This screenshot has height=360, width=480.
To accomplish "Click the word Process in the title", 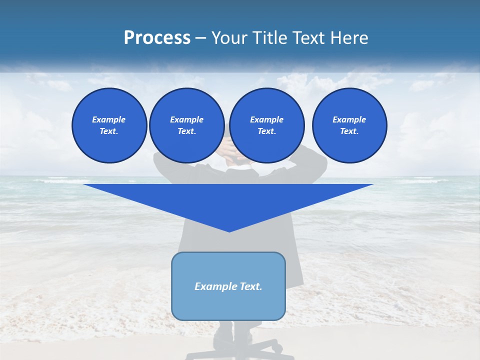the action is pyautogui.click(x=157, y=38).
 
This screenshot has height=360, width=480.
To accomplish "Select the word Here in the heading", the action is pyautogui.click(x=349, y=38).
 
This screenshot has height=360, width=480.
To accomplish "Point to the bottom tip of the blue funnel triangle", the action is pyautogui.click(x=229, y=231).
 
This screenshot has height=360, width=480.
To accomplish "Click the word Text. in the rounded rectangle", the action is pyautogui.click(x=251, y=286).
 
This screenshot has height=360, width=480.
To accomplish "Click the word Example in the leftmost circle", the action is pyautogui.click(x=109, y=119).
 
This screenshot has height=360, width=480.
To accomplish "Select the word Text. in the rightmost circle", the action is pyautogui.click(x=349, y=131).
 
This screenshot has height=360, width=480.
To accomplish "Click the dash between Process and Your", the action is pyautogui.click(x=201, y=38).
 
